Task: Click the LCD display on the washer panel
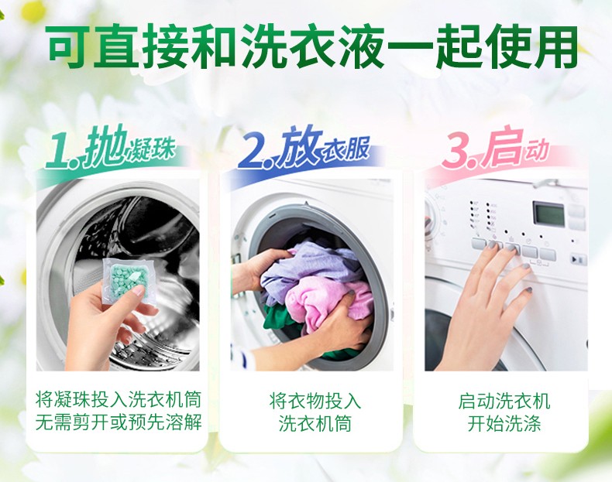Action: tap(549, 214)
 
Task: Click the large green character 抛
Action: tap(106, 146)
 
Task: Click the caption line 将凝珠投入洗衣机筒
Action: tap(119, 400)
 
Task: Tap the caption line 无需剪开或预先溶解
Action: tap(119, 422)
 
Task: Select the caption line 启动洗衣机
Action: tap(504, 402)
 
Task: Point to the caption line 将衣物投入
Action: tap(315, 401)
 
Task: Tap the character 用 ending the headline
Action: tap(554, 46)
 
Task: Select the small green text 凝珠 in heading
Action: tap(150, 151)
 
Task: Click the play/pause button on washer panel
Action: tap(578, 259)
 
